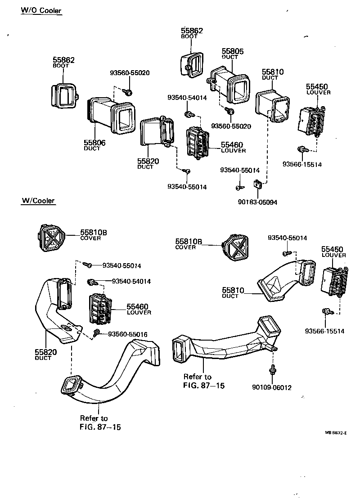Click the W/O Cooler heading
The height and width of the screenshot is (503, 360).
41,10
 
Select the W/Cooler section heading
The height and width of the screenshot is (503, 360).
38,201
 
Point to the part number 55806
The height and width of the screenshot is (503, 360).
94,143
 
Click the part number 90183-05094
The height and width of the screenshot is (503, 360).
258,202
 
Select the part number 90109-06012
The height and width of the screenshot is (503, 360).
272,387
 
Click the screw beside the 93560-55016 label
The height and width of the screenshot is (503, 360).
97,332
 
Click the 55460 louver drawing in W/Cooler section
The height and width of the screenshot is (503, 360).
100,308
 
